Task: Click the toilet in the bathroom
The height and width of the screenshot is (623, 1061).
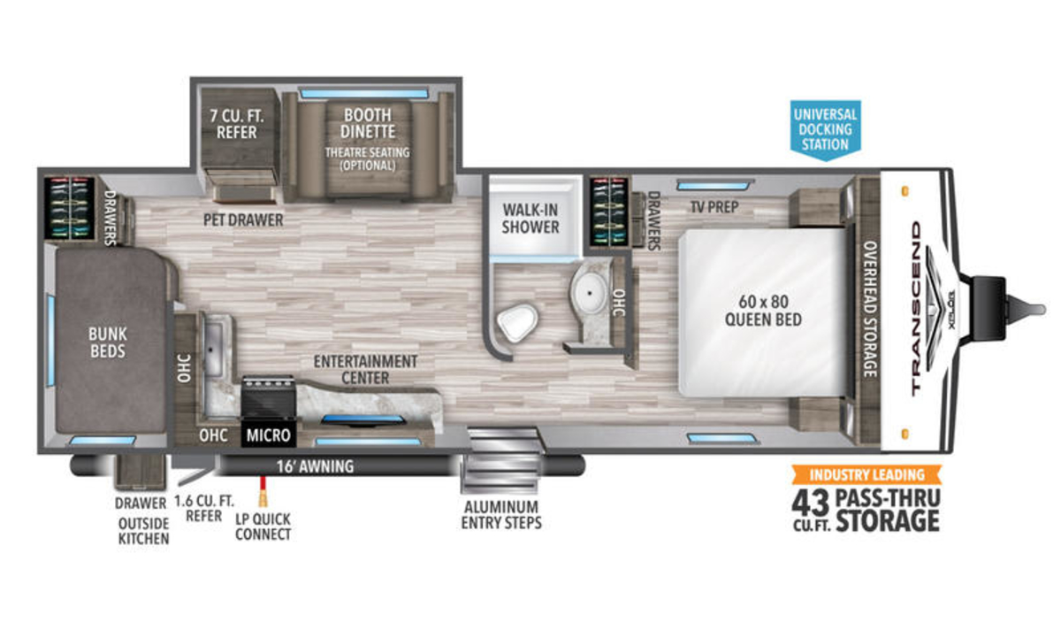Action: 518,322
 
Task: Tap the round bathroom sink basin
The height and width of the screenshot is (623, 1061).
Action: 589,293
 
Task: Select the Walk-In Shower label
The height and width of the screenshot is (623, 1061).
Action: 530,219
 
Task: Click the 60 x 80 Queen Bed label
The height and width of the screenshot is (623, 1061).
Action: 763,311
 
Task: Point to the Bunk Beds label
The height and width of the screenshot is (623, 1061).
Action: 108,342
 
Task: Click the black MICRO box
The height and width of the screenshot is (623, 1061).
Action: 268,435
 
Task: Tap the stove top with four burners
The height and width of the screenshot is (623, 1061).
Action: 269,396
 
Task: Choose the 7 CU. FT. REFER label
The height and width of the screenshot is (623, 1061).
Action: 237,124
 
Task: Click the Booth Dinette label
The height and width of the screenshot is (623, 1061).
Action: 368,123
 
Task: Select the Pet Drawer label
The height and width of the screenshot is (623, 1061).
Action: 243,220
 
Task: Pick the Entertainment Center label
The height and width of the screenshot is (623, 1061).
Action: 365,369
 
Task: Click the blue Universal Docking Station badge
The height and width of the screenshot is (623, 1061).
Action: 825,130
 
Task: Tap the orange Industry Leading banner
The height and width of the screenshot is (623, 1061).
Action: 866,474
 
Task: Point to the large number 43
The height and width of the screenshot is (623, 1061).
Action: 811,504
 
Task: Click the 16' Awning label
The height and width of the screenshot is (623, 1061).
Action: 315,466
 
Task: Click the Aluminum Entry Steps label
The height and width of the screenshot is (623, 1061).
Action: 501,514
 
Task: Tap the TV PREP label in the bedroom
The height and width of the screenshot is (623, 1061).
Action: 714,207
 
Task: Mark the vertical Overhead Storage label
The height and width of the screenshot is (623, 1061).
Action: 871,309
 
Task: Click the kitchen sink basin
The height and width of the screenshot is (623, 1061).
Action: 214,345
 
